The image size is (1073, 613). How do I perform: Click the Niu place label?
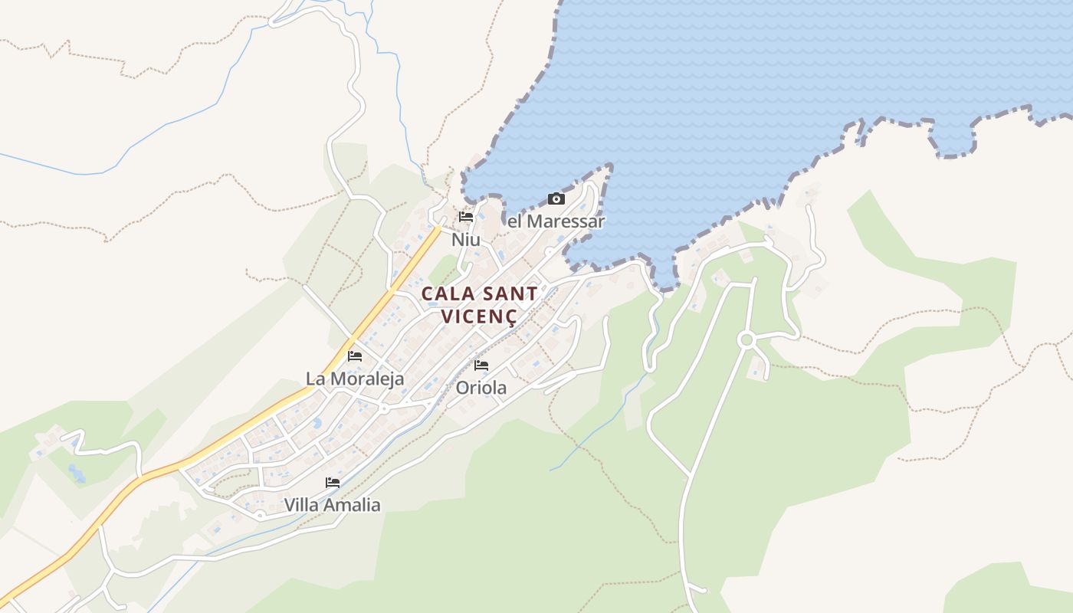tap(465, 240)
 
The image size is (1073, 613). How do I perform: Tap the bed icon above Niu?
tap(466, 217)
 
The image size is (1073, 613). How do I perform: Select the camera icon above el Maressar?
tap(556, 199)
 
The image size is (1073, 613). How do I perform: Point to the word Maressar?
tap(566, 222)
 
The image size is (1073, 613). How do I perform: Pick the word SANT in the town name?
tap(507, 294)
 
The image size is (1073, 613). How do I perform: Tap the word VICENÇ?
tap(479, 316)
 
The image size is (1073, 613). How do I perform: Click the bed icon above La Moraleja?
tap(355, 356)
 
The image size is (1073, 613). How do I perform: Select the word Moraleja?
tap(368, 379)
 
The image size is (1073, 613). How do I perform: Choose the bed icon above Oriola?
tap(481, 366)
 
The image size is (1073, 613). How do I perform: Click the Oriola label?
tap(481, 388)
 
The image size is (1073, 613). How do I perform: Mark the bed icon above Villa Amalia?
tap(333, 483)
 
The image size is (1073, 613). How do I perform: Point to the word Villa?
tap(301, 505)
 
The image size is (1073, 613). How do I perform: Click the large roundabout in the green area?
tap(746, 339)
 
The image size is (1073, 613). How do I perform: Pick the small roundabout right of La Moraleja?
tap(383, 408)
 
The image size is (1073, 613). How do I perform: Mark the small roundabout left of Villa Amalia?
tap(261, 514)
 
